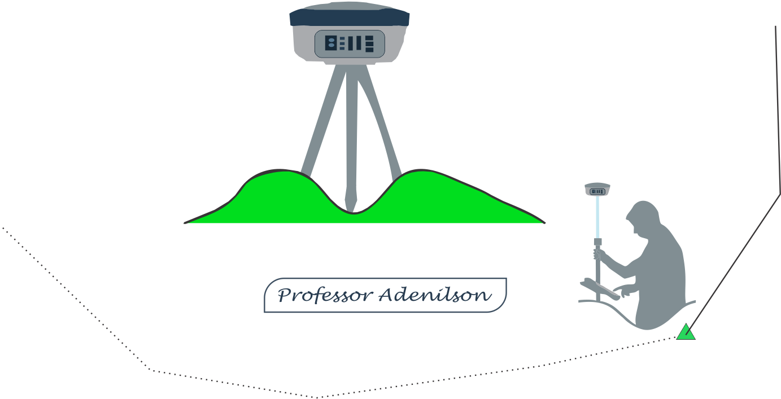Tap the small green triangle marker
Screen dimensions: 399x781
[x=686, y=332]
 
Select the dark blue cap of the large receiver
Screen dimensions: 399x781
[x=349, y=17]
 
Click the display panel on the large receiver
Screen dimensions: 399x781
[x=350, y=43]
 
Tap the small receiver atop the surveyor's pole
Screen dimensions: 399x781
[x=597, y=190]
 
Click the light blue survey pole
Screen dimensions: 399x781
[x=597, y=220]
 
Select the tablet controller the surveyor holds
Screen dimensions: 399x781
[x=601, y=289]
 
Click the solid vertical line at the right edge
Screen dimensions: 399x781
[x=778, y=107]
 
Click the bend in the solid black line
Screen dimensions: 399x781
[x=780, y=194]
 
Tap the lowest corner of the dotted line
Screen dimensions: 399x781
[x=316, y=397]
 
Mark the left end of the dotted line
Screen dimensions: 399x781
[x=3, y=228]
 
